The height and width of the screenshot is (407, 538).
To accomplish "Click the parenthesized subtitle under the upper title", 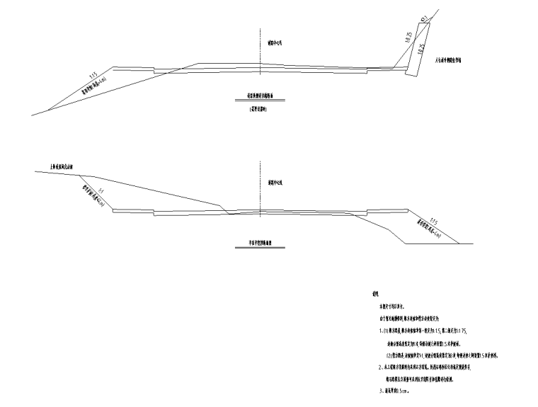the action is [x=260, y=110].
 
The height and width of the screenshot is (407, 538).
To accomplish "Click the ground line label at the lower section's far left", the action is [x=65, y=167].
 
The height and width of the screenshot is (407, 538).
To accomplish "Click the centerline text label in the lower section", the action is [x=275, y=183].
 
